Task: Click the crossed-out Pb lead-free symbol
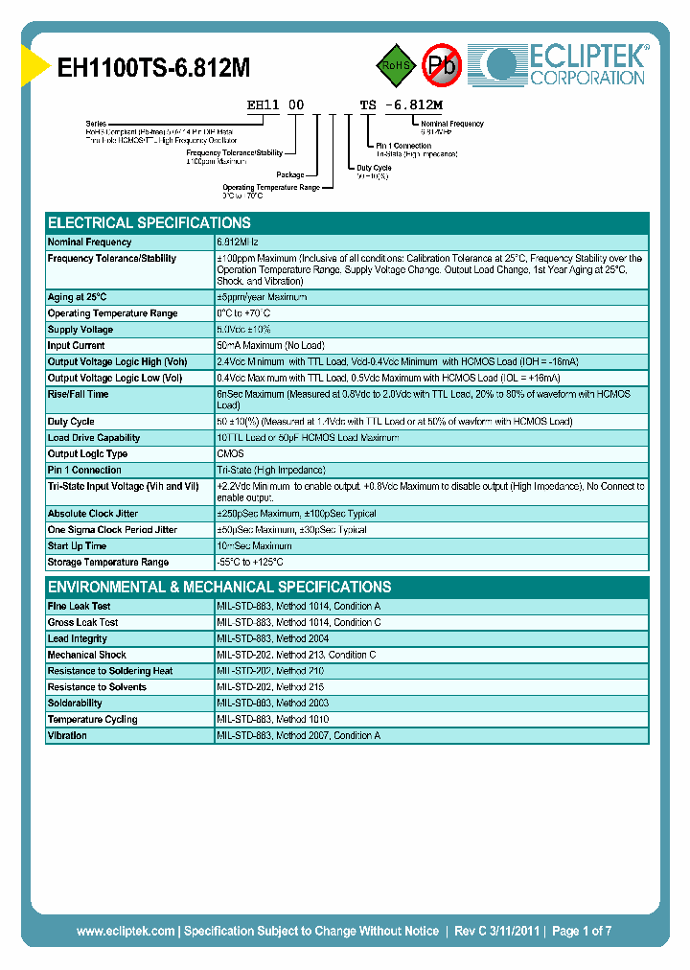pos(442,65)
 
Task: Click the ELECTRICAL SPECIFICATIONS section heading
pos(149,222)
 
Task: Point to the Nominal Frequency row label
pos(90,242)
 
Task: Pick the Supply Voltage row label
pos(80,330)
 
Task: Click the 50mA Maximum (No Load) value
pos(270,346)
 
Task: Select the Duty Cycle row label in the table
pos(71,422)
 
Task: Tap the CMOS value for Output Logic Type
pos(230,454)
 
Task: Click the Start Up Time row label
pos(76,546)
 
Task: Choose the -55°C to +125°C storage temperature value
pos(250,563)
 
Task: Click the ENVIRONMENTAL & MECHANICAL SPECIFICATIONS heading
pos(219,587)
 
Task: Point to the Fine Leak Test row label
pos(79,607)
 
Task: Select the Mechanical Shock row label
pos(87,656)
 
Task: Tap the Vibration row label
pos(67,736)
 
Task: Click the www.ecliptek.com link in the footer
pos(126,931)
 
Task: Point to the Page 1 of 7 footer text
pos(582,931)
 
